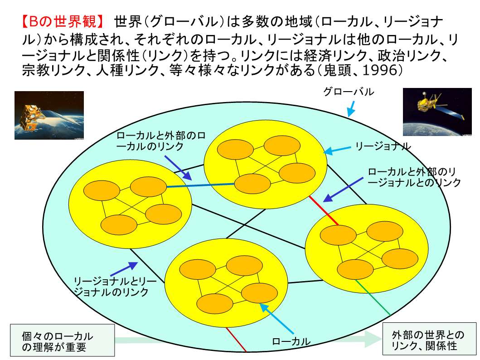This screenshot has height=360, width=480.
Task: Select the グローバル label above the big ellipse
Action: pos(349,92)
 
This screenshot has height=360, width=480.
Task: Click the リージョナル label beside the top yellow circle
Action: pos(383,146)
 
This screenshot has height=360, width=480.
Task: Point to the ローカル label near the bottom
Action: pos(291,341)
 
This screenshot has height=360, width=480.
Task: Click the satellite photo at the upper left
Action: pos(49,115)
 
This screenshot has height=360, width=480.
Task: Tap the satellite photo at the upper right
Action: pos(437,112)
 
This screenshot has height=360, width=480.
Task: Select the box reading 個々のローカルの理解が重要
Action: pos(63,341)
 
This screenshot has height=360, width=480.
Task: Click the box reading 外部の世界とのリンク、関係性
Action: pos(430,339)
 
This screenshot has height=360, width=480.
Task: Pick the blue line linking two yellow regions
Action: pos(200,185)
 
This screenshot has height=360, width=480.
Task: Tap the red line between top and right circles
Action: pos(324,211)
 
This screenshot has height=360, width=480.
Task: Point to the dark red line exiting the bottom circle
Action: pos(236,340)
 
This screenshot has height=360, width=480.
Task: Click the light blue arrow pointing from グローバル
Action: pos(351,109)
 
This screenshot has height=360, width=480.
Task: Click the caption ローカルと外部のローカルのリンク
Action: pos(161,141)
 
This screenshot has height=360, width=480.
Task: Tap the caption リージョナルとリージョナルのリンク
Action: pos(115,286)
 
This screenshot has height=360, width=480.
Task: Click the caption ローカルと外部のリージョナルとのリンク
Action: pos(414,177)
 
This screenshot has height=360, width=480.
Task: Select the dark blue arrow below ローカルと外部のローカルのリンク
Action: pos(178,168)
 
